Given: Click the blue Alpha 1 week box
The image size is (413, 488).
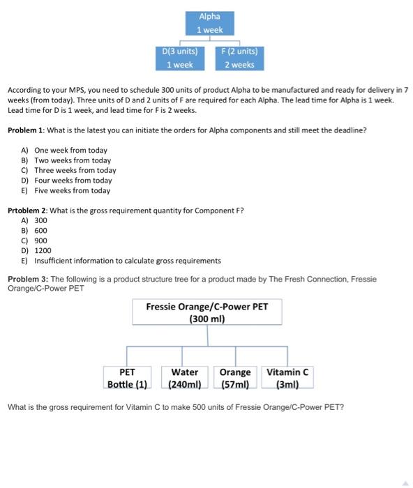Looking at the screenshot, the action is (210, 23).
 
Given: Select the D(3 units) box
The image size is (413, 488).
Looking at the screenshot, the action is (179, 58).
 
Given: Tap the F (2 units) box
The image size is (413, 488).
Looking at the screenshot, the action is (239, 58).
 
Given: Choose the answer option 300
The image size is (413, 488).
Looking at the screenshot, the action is (41, 220).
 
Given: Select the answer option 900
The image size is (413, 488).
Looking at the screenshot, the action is (41, 241).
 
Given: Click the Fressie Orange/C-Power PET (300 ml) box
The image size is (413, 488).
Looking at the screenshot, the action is (207, 312).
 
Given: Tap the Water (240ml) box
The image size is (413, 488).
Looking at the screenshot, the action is (185, 378).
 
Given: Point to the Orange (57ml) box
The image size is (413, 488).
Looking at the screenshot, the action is (235, 378).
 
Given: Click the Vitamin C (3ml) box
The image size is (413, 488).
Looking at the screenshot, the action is (287, 378).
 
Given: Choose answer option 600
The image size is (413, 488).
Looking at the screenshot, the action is (41, 230).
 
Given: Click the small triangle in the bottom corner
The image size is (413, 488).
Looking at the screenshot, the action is (405, 482).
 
